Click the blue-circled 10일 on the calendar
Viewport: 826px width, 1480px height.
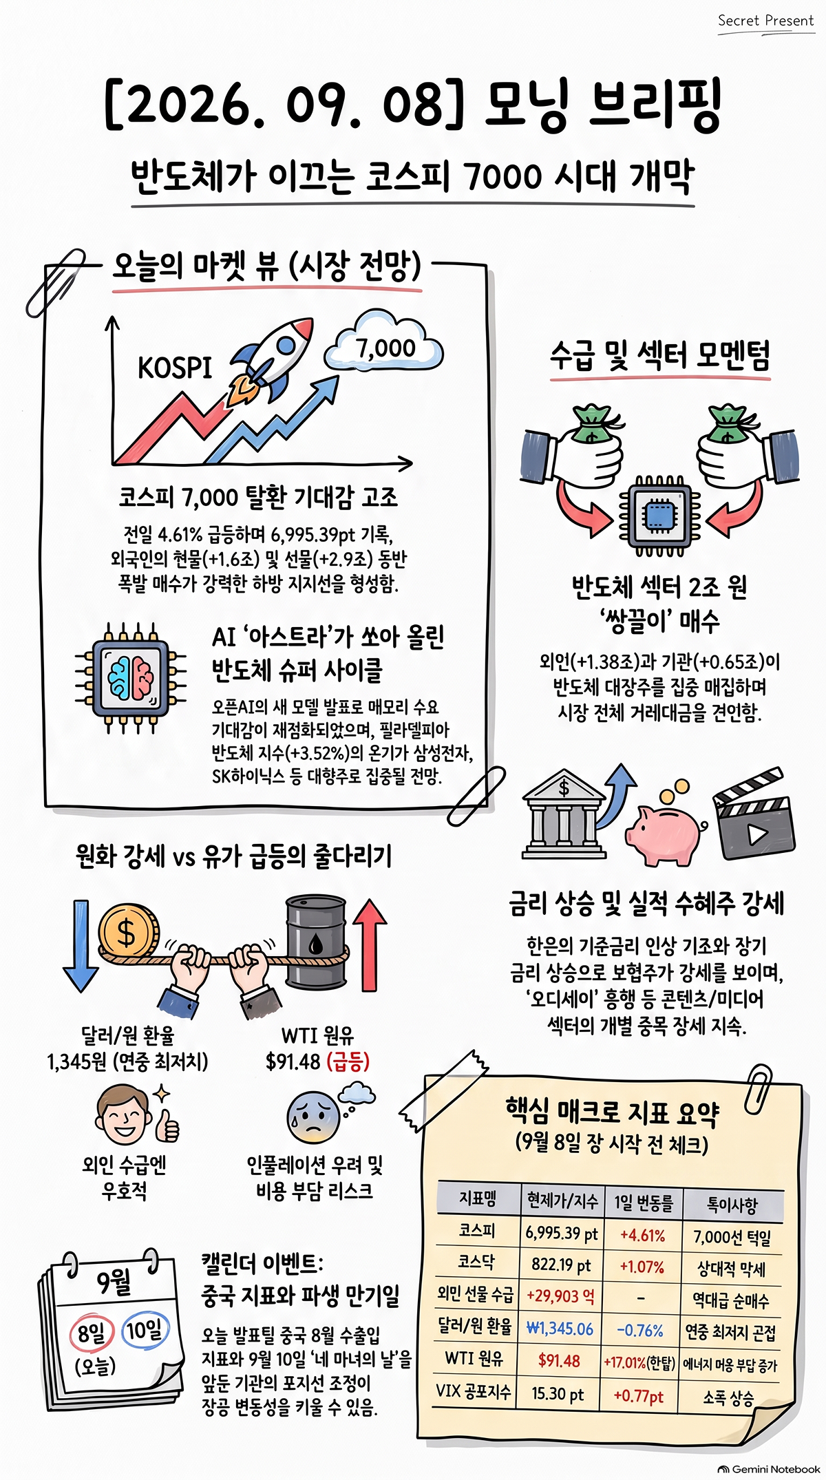tap(145, 1330)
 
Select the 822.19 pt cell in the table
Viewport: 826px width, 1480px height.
tap(561, 1265)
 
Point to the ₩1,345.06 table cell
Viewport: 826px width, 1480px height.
tap(560, 1329)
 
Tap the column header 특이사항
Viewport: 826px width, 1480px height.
tap(732, 1204)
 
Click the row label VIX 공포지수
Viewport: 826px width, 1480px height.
tap(474, 1391)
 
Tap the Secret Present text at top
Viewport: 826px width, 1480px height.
tap(766, 21)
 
